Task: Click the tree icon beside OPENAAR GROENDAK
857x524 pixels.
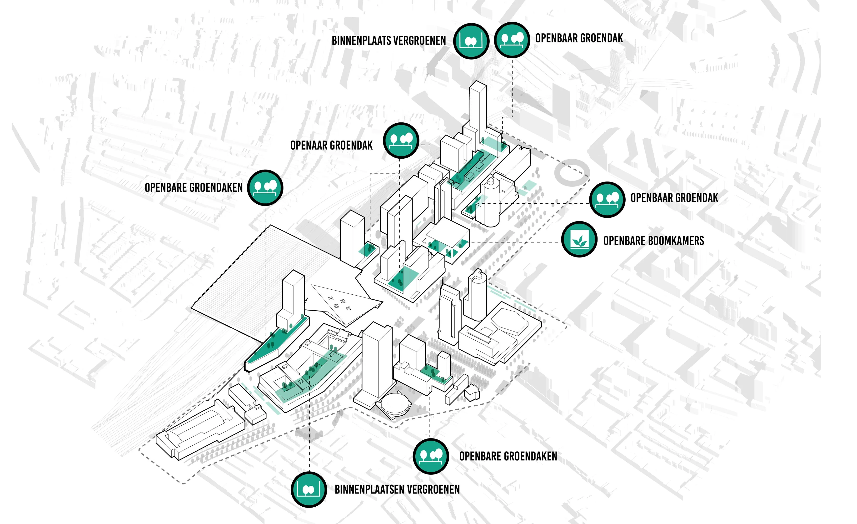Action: pyautogui.click(x=401, y=141)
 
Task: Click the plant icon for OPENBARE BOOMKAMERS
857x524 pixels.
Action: pyautogui.click(x=579, y=239)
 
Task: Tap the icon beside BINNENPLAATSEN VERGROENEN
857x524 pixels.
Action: pyautogui.click(x=309, y=489)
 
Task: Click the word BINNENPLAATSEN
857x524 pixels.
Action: pyautogui.click(x=370, y=489)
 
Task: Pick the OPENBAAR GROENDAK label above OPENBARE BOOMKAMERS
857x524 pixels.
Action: pyautogui.click(x=674, y=198)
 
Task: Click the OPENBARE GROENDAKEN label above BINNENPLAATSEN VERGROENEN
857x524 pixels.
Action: pyautogui.click(x=508, y=456)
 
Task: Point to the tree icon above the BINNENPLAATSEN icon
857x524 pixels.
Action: pyautogui.click(x=431, y=456)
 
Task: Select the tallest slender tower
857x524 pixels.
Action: pyautogui.click(x=478, y=115)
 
